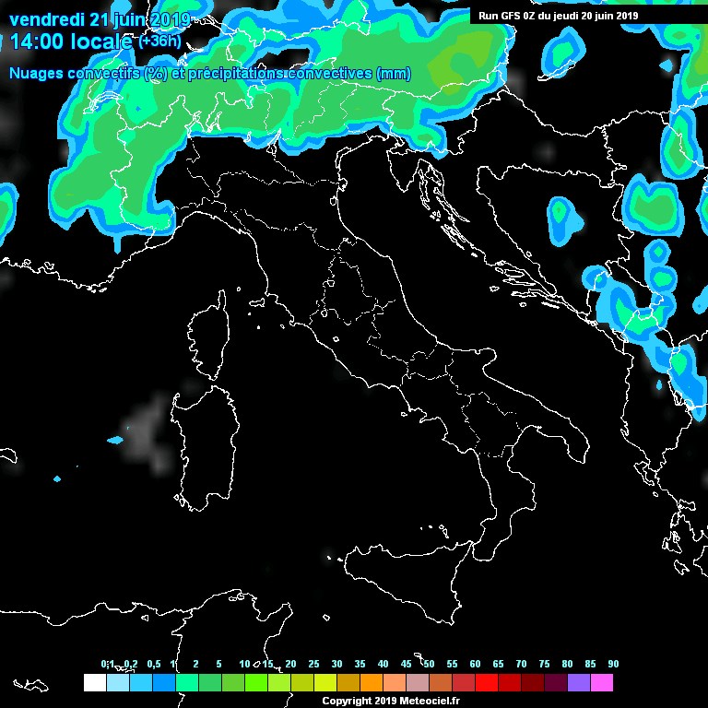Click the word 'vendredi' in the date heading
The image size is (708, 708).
tap(46, 19)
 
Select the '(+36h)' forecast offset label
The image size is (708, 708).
tap(160, 41)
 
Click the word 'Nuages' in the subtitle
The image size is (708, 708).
tap(33, 73)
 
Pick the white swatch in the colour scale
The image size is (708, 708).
tap(94, 683)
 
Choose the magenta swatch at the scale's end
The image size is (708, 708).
tap(602, 683)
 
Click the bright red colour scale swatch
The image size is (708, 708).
tap(487, 683)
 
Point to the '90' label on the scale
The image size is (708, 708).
tap(613, 664)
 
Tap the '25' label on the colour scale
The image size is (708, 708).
tap(313, 664)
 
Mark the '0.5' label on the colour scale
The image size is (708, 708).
tap(153, 664)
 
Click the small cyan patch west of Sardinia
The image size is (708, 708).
tap(115, 440)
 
